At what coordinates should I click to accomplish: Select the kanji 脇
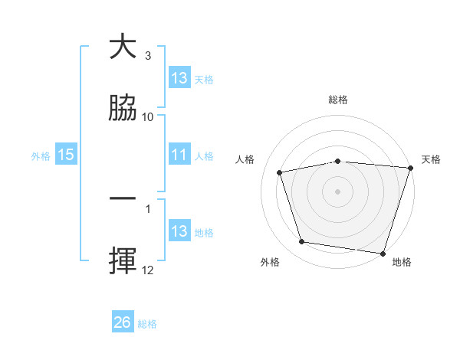coord(123,107)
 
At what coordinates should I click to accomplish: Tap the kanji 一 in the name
coord(123,199)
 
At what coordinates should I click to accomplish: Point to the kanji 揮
coord(123,260)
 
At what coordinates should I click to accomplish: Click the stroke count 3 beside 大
coord(148,56)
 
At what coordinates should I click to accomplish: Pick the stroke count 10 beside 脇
coord(148,116)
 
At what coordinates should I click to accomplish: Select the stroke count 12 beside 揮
coord(148,270)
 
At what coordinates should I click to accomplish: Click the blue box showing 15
coord(66,155)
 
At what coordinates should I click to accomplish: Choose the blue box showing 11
coord(179,155)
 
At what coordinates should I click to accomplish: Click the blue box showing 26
coord(123,322)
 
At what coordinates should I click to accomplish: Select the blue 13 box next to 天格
coord(179,78)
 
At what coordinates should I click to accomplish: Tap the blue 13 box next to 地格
coord(179,231)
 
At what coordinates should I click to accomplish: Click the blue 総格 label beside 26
coord(147,324)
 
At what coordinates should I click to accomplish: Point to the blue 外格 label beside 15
coord(41,155)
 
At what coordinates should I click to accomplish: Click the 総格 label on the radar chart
coord(338,100)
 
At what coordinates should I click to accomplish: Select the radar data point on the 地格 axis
coord(383,253)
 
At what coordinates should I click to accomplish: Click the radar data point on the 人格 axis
coord(280,172)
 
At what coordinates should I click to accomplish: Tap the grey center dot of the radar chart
coord(338,191)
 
